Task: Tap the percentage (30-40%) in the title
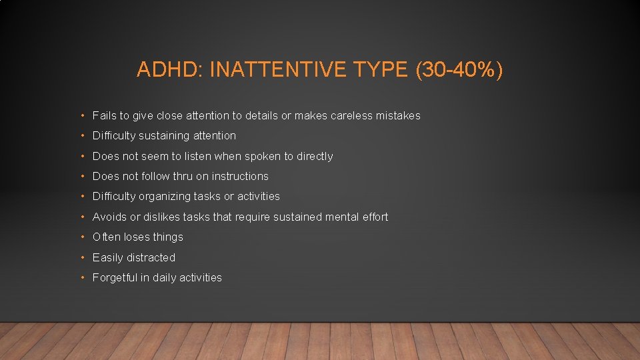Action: click(459, 70)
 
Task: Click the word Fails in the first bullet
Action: click(105, 116)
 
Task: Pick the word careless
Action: click(348, 116)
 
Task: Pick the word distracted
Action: click(151, 258)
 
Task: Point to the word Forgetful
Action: click(114, 278)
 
